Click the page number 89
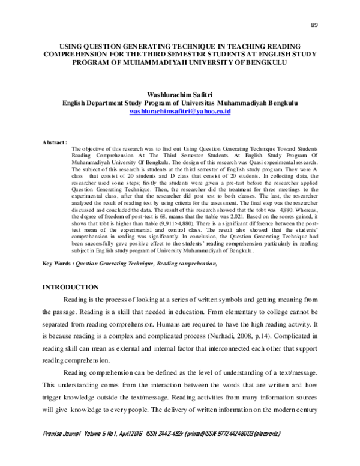[314, 25]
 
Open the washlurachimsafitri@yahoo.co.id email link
[180, 112]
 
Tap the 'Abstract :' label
[54, 142]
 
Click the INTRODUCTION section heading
[70, 288]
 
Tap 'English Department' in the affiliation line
[91, 103]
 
